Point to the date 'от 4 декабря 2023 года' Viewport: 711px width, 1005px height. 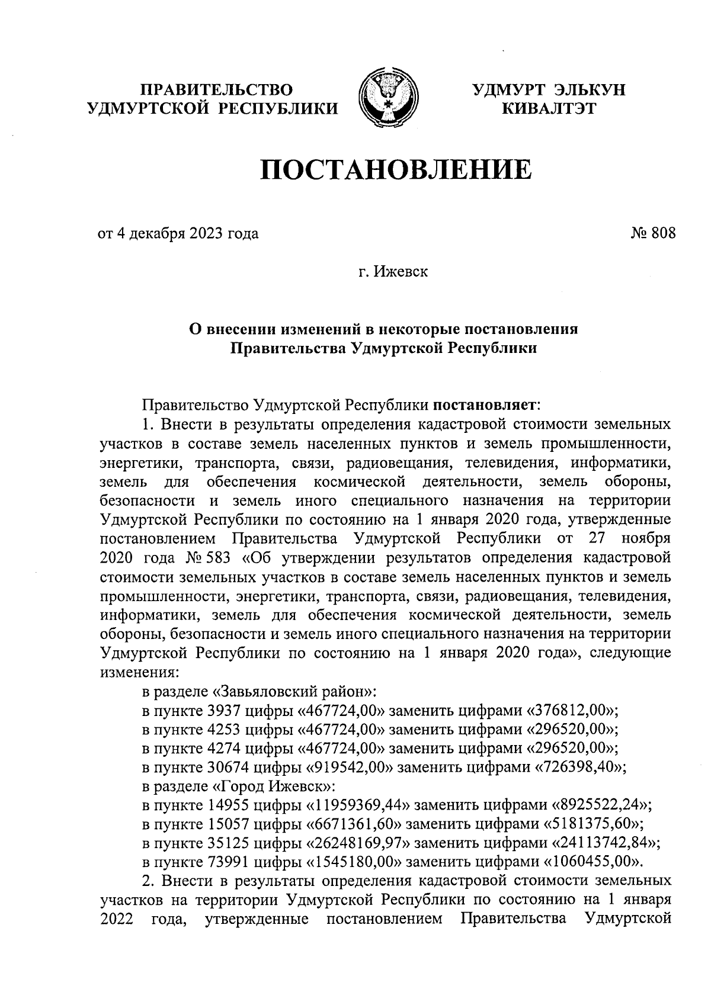[x=178, y=233]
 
